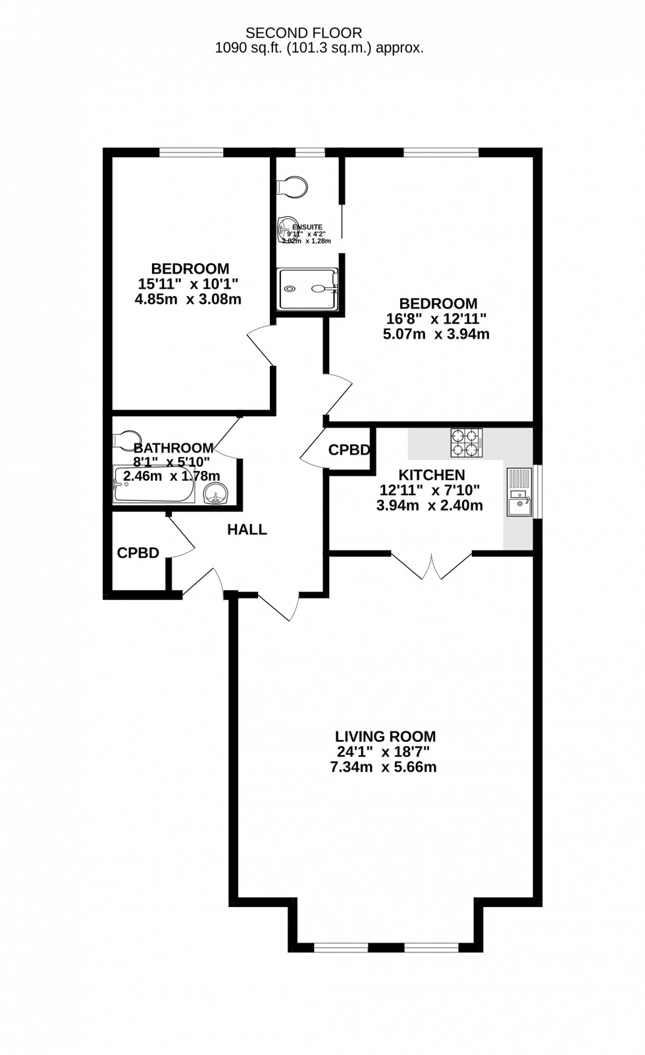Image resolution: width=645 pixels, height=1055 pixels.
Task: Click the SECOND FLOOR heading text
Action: tap(303, 32)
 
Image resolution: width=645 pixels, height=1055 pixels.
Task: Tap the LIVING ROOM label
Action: tap(385, 737)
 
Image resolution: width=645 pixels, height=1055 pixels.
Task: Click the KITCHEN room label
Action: tap(432, 475)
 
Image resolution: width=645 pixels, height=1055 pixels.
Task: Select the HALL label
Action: tap(247, 529)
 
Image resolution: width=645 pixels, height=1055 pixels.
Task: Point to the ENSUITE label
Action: tap(307, 227)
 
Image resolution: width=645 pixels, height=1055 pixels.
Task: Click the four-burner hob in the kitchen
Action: tap(467, 443)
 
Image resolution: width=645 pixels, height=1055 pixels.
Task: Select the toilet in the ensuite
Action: tap(293, 186)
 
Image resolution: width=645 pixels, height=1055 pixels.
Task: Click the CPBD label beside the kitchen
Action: tap(349, 451)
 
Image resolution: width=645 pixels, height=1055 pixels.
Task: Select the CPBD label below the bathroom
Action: tap(138, 553)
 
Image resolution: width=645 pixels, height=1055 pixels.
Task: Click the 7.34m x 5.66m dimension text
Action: tap(384, 767)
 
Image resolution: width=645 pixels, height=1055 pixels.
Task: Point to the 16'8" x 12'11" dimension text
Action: tap(436, 319)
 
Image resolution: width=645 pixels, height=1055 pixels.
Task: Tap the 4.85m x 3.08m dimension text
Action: tap(188, 299)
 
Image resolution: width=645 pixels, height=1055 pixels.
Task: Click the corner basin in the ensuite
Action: tap(287, 228)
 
